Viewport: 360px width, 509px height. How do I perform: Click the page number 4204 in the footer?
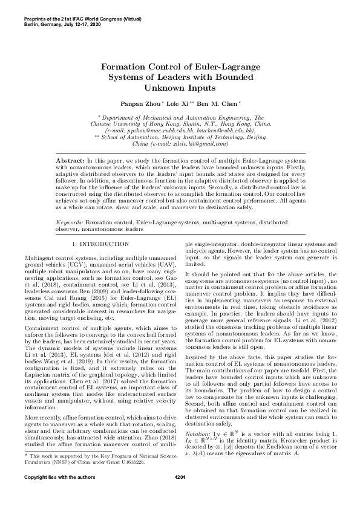coord(179,494)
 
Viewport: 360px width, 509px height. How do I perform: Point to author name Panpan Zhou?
coord(138,104)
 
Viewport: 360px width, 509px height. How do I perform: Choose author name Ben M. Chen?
coord(208,104)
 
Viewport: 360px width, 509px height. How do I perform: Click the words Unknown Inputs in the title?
coord(179,88)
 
